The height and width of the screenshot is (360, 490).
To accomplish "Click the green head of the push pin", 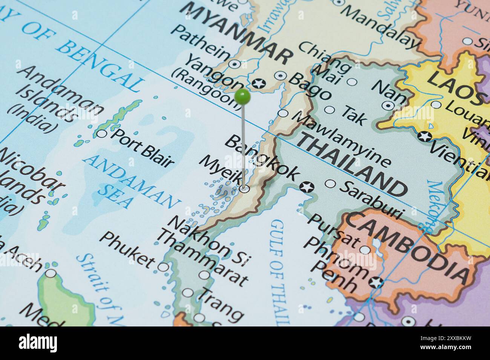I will click(x=242, y=97).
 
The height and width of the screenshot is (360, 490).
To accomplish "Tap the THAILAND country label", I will click(x=352, y=166).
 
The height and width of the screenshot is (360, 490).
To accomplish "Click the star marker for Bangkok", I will click(x=306, y=186).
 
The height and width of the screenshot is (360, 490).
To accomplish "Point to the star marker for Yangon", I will click(x=259, y=84).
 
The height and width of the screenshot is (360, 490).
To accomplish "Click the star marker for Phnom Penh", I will click(x=376, y=281).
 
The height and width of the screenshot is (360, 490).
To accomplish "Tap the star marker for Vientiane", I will click(x=425, y=136).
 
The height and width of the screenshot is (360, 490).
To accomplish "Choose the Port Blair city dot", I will click(x=102, y=133).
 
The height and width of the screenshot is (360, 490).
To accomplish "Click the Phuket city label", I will click(x=128, y=249).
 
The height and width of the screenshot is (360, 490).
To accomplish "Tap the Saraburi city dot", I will click(x=330, y=183).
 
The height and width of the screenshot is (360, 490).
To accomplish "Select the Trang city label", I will click(x=220, y=304).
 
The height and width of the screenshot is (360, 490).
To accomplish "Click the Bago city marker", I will click(x=280, y=76).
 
